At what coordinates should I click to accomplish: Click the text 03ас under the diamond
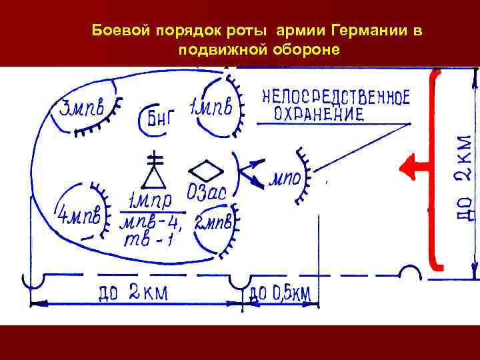pyautogui.click(x=207, y=193)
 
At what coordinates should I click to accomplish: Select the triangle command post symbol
pyautogui.click(x=154, y=175)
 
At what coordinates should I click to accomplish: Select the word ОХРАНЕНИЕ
pyautogui.click(x=319, y=115)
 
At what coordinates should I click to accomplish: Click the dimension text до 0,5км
pyautogui.click(x=280, y=292)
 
